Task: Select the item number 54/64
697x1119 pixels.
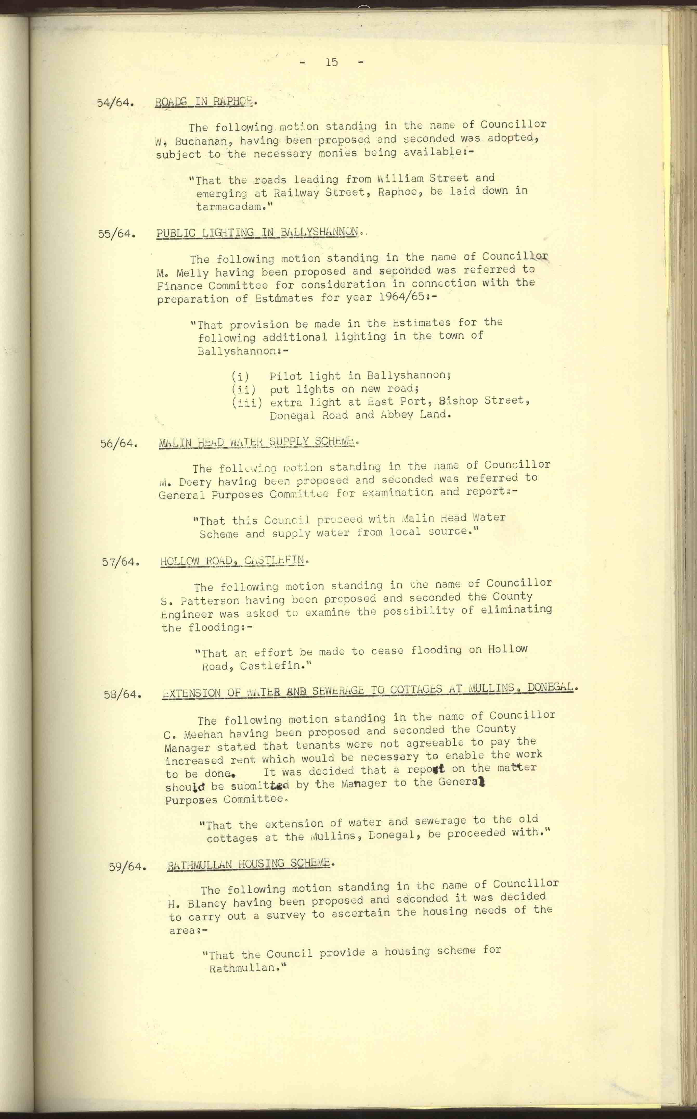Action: coord(115,103)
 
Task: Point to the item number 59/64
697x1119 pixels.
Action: coord(127,867)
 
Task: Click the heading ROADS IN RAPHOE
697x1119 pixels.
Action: coord(204,101)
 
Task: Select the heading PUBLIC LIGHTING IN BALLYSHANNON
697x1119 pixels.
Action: coord(257,232)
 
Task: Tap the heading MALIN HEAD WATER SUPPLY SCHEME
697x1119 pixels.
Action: coord(257,442)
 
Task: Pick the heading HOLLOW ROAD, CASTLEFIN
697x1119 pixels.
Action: coord(232,561)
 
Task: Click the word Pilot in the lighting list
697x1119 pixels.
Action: coord(285,376)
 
